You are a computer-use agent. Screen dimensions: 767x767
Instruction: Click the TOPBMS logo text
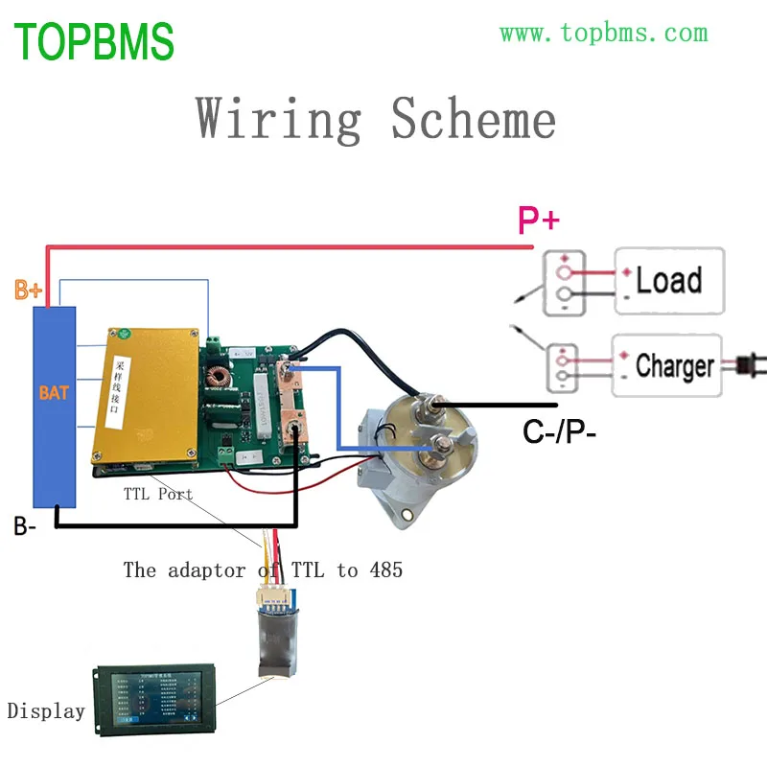94,41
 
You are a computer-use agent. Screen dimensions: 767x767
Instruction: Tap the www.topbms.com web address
603,33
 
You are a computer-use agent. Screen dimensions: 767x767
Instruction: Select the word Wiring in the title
279,119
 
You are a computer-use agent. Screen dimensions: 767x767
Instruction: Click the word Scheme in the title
473,119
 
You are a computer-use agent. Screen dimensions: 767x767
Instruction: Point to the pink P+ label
538,221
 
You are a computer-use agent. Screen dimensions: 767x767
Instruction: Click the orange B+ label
28,290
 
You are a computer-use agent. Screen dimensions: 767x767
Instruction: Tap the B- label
26,526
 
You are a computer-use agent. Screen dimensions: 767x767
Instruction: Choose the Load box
669,281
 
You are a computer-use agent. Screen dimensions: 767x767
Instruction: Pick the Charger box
667,365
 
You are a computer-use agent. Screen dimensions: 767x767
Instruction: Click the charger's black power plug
745,365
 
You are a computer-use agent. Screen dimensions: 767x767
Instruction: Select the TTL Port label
157,495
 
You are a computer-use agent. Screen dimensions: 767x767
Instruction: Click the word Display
46,711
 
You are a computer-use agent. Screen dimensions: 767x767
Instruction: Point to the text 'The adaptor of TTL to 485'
263,569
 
